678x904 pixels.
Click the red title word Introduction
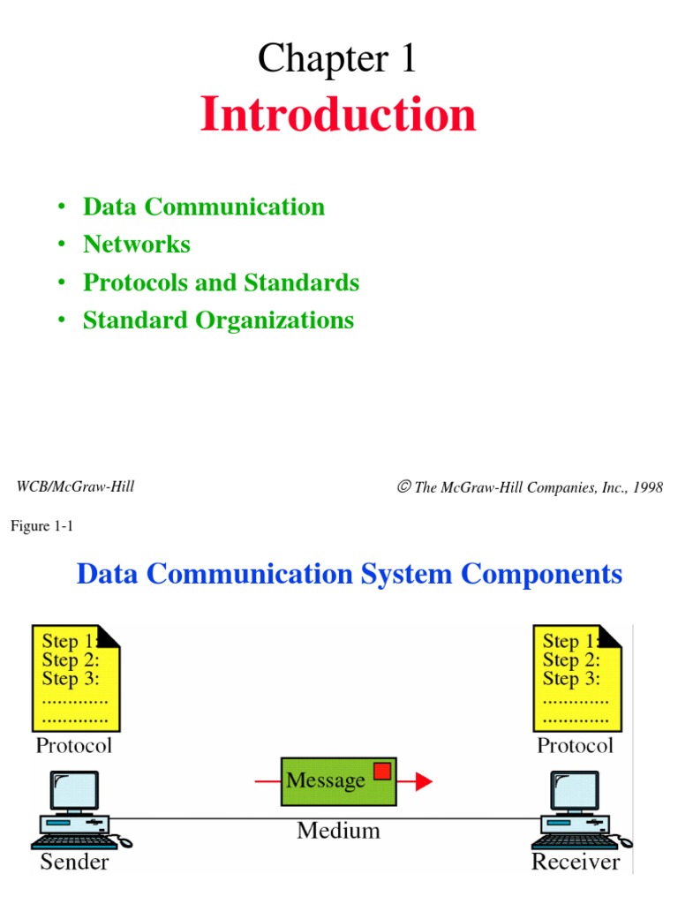click(x=338, y=115)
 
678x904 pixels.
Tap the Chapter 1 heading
click(x=336, y=59)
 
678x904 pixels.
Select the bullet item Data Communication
click(x=203, y=207)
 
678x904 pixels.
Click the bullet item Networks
click(x=136, y=244)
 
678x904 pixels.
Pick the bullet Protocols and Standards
click(x=221, y=282)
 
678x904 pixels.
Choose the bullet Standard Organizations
click(x=218, y=320)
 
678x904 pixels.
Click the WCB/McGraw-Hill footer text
click(x=76, y=486)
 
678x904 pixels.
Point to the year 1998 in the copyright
click(x=645, y=487)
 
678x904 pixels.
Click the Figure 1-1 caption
click(x=45, y=527)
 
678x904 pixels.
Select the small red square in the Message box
click(x=381, y=772)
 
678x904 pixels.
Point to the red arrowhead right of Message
click(x=423, y=780)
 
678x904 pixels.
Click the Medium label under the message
click(x=338, y=830)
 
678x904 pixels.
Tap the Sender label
click(x=75, y=862)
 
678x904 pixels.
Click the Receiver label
click(x=576, y=862)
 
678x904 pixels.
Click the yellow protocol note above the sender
click(x=74, y=675)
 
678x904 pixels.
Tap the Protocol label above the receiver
click(x=575, y=746)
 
